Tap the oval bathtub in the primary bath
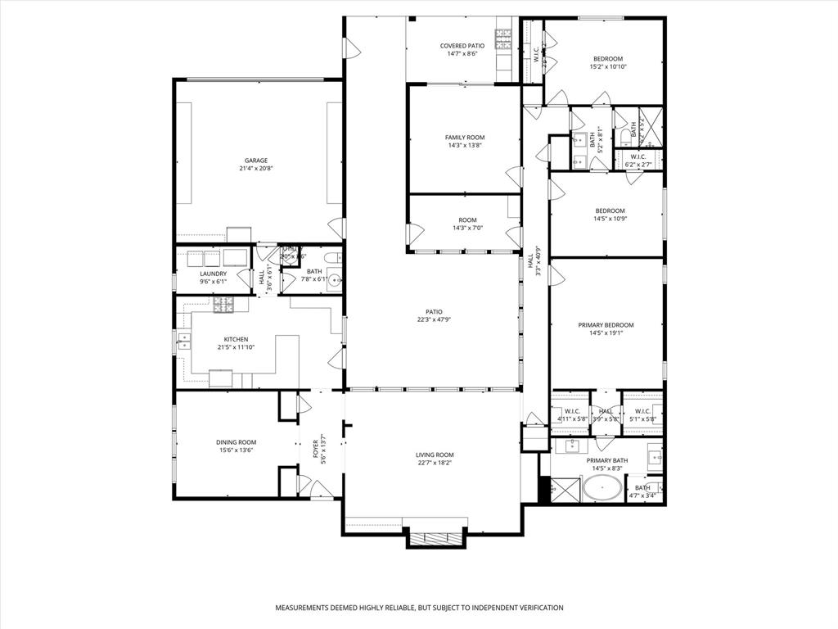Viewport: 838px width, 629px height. [602, 491]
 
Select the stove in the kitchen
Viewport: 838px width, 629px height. [223, 305]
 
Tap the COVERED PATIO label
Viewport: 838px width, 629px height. [462, 46]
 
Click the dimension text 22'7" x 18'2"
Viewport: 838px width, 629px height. [434, 463]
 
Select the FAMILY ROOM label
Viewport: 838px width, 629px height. [464, 137]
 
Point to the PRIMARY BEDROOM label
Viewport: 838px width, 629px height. [606, 325]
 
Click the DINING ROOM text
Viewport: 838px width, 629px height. [237, 442]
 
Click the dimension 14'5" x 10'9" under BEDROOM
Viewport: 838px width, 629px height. [609, 219]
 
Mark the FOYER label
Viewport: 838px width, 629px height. [315, 449]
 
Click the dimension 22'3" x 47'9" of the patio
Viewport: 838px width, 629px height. [434, 319]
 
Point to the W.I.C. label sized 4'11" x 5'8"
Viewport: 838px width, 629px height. [572, 411]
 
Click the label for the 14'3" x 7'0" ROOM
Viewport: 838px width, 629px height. [467, 219]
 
